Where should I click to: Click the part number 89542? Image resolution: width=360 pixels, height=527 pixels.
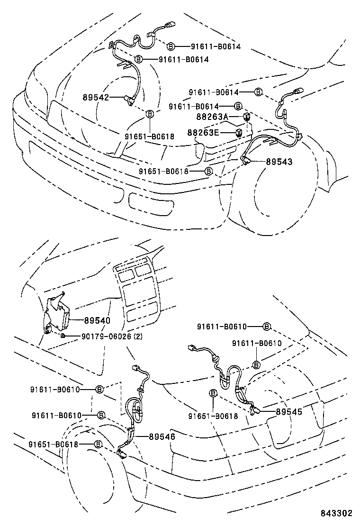[x=96, y=97]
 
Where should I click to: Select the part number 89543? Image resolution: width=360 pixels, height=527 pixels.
[x=279, y=162]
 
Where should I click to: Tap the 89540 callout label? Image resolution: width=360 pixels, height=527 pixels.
[x=97, y=321]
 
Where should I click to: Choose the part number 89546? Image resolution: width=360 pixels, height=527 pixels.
[x=162, y=436]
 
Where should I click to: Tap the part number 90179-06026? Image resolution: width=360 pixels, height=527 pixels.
[x=106, y=336]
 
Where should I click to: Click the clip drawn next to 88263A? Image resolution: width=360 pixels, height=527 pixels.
[x=246, y=117]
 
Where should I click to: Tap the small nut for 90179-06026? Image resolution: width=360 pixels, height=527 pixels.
[x=63, y=336]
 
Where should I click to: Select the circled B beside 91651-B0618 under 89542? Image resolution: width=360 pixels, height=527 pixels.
[x=150, y=114]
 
